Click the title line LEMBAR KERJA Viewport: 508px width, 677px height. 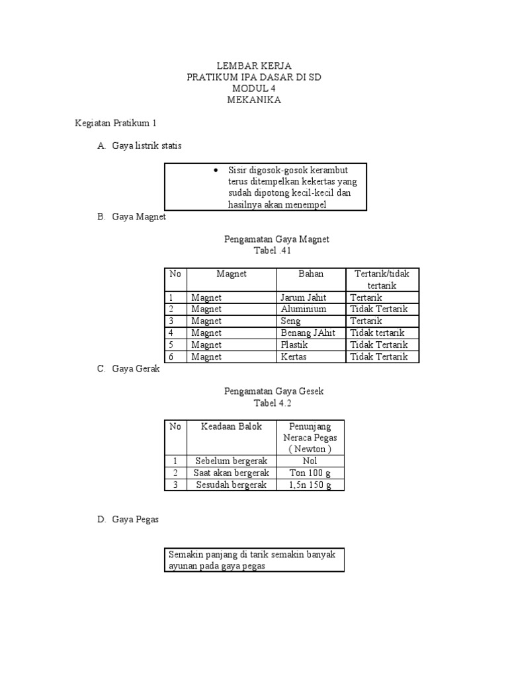tap(254, 66)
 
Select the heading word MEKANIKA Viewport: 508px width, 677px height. tap(254, 100)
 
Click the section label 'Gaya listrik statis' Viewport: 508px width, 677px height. tap(146, 145)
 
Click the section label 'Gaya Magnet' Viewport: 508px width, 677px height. tap(139, 216)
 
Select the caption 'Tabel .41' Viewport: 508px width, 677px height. tap(273, 251)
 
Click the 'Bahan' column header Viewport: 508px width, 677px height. tap(311, 274)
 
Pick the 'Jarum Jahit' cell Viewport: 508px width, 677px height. tap(304, 298)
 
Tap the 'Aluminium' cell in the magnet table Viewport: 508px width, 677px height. tap(303, 309)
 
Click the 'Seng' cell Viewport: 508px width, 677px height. tap(290, 321)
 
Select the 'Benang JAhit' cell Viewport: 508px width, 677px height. tap(308, 333)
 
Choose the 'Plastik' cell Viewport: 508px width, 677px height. tap(294, 345)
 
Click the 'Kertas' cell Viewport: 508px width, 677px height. tap(294, 357)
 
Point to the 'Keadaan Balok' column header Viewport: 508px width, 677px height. tap(232, 426)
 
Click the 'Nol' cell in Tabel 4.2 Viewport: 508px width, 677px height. tap(310, 461)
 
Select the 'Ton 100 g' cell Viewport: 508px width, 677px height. tap(310, 473)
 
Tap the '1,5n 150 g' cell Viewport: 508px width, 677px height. tap(310, 485)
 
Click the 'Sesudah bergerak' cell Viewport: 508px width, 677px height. tap(231, 485)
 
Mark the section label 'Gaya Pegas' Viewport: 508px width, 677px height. tap(136, 520)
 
